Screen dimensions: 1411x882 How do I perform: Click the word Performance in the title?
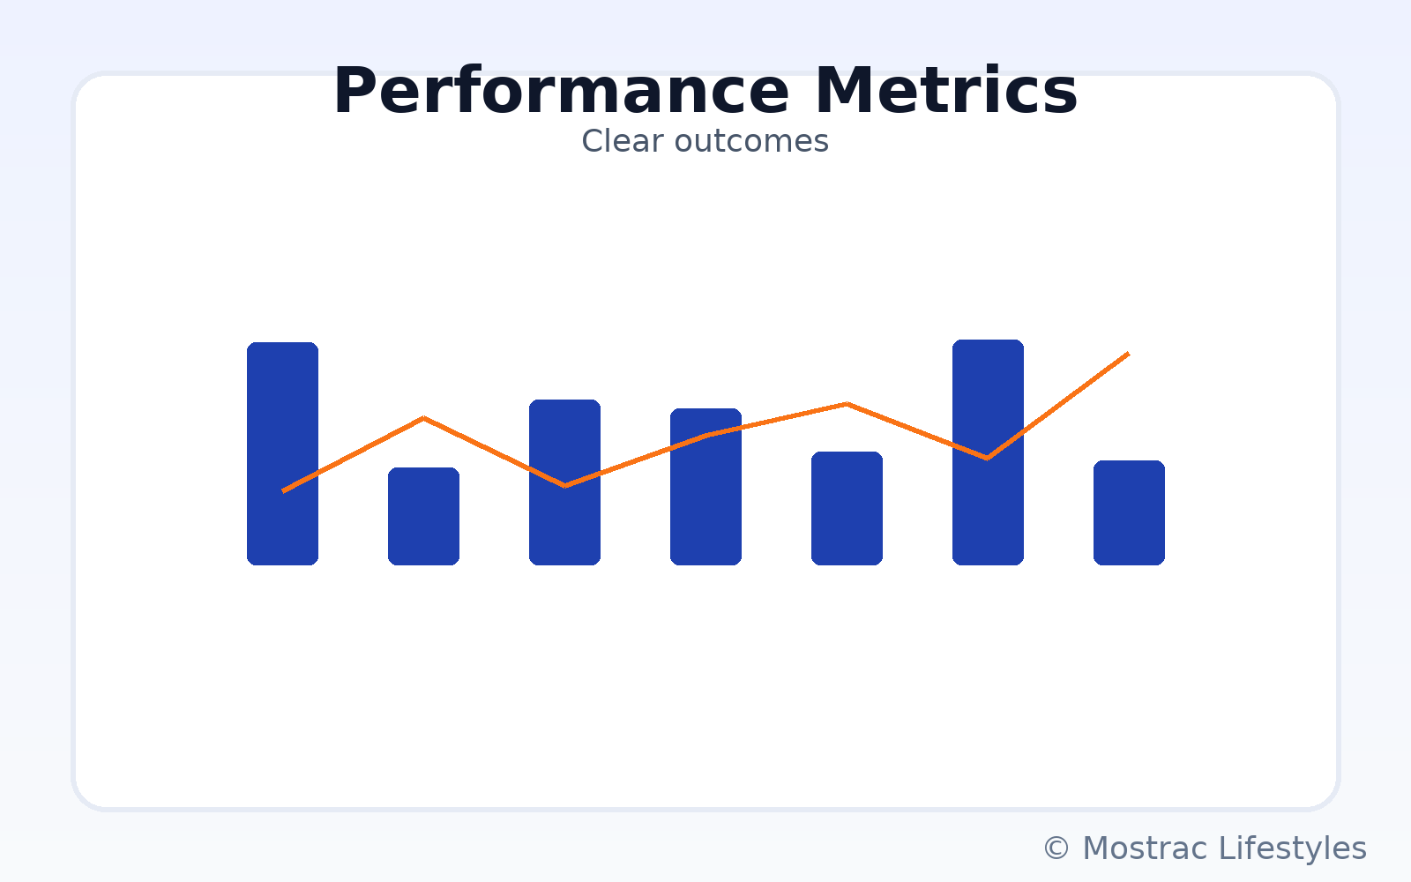(x=561, y=92)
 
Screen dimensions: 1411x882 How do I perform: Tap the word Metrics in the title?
(x=946, y=92)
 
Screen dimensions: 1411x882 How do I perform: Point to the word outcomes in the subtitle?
(x=751, y=141)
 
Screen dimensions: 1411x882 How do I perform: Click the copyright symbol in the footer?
(x=1056, y=848)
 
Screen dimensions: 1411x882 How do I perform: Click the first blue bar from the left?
(x=282, y=453)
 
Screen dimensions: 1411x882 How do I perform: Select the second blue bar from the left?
(x=423, y=516)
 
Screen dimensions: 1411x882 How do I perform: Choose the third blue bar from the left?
(x=564, y=482)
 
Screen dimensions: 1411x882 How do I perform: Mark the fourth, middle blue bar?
(x=705, y=486)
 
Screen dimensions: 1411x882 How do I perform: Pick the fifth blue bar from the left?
(x=847, y=508)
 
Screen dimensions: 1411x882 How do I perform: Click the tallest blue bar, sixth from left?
(x=988, y=452)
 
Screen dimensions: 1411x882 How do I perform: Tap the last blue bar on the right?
(x=1129, y=512)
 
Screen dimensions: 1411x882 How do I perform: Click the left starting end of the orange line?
(x=283, y=490)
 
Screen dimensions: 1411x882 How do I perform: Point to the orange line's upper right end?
(x=1129, y=354)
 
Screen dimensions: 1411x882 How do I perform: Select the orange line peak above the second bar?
(x=424, y=418)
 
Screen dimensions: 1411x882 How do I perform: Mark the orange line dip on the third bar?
(x=565, y=486)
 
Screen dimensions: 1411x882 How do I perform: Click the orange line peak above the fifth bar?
(x=847, y=404)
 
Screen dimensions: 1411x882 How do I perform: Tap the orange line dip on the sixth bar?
(x=987, y=458)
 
